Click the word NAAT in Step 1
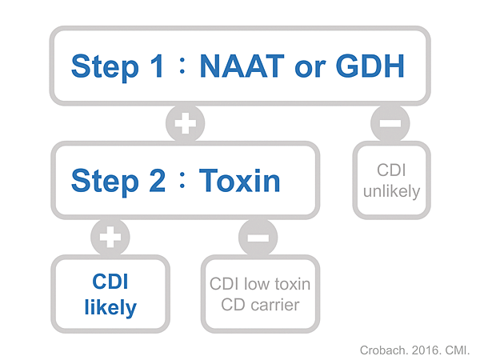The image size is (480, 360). (242, 66)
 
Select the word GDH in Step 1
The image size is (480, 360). (370, 66)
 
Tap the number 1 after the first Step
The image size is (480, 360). (156, 66)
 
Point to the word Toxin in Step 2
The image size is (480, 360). (239, 181)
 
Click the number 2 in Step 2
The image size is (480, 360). (158, 181)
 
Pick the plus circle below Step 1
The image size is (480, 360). (186, 123)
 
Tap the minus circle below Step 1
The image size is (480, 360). (390, 123)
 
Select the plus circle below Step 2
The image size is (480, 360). (110, 237)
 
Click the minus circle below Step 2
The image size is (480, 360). (258, 237)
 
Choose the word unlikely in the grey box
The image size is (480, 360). (391, 192)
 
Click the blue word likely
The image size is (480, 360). (110, 307)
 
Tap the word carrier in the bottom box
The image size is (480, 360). (275, 305)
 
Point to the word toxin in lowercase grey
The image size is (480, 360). (293, 284)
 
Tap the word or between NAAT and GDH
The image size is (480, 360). (310, 68)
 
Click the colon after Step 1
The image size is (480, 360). (182, 66)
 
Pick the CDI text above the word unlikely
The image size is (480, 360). (391, 170)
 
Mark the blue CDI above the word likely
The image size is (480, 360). (110, 282)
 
